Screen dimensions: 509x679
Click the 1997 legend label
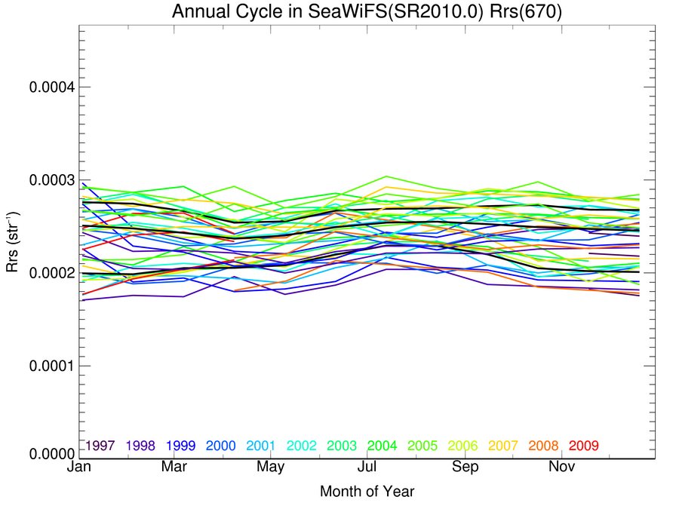(x=100, y=446)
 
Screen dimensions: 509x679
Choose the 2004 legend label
(x=383, y=446)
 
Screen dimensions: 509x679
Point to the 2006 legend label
(x=463, y=446)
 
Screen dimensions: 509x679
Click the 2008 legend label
(x=543, y=446)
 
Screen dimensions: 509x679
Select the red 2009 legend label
(x=584, y=446)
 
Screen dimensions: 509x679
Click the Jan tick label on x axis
(x=79, y=468)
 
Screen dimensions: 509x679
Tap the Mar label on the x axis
(x=175, y=468)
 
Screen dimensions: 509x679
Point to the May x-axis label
(x=271, y=468)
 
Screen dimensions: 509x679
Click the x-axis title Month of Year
(x=367, y=492)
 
